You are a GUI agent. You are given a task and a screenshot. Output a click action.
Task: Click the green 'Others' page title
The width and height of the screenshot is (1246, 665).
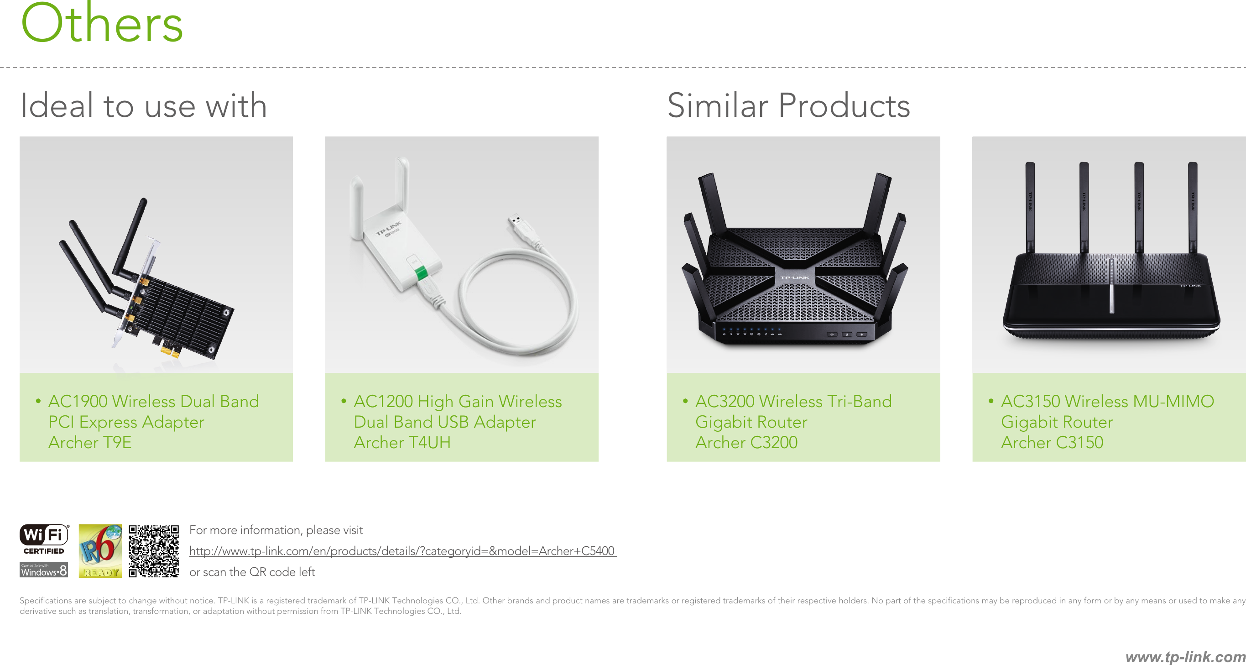102,23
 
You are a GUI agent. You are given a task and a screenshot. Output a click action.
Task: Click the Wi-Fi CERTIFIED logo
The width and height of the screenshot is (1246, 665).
44,539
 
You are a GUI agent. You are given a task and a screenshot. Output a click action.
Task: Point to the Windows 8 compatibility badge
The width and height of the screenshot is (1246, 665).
43,570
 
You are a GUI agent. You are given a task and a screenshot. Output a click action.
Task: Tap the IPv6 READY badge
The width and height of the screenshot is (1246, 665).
100,551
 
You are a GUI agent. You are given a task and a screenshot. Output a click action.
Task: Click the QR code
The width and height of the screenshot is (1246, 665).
154,551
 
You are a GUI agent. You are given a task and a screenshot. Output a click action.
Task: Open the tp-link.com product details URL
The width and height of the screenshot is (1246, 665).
402,551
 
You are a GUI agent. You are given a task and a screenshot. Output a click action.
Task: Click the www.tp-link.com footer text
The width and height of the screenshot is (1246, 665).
1185,657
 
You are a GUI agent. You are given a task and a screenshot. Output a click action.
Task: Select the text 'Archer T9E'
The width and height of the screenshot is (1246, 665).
90,442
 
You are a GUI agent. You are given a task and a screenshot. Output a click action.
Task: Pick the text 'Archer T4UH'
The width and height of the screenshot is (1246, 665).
402,442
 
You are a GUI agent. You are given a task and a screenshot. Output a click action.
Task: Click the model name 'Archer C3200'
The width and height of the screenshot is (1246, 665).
746,442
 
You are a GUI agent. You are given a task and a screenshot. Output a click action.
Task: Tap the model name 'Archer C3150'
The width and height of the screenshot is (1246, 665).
1052,442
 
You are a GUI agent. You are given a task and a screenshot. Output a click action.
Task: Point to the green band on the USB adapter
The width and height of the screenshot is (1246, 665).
420,273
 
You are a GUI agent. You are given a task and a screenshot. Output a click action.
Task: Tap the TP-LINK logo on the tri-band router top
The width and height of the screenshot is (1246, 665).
794,278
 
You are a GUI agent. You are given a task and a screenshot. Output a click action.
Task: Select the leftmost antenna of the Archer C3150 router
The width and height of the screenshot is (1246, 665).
1030,207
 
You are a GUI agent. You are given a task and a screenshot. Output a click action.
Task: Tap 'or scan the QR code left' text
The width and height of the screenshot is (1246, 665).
252,572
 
